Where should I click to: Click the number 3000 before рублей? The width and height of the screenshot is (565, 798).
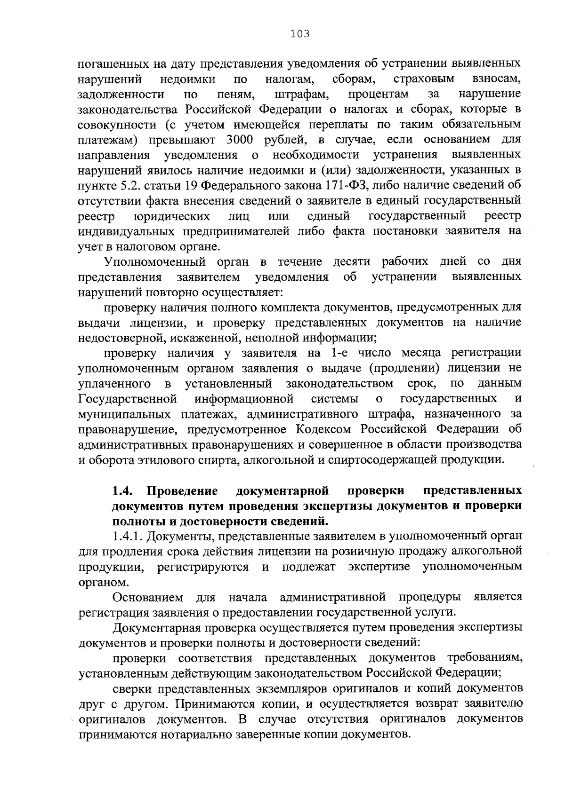click(x=242, y=140)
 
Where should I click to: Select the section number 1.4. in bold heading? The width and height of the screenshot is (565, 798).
click(x=124, y=491)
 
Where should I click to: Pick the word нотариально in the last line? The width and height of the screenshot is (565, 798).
click(x=183, y=734)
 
